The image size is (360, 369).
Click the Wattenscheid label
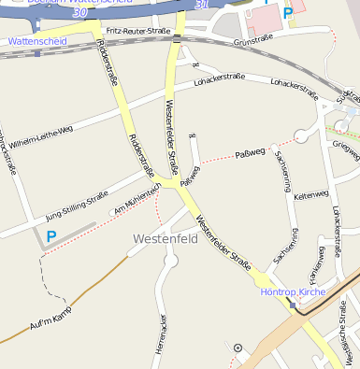35,42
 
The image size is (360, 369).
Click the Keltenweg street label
311,195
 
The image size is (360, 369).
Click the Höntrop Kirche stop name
291,291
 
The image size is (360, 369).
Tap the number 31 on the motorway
202,6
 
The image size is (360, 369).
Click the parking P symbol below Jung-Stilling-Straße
51,237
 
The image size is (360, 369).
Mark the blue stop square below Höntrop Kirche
294,305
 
